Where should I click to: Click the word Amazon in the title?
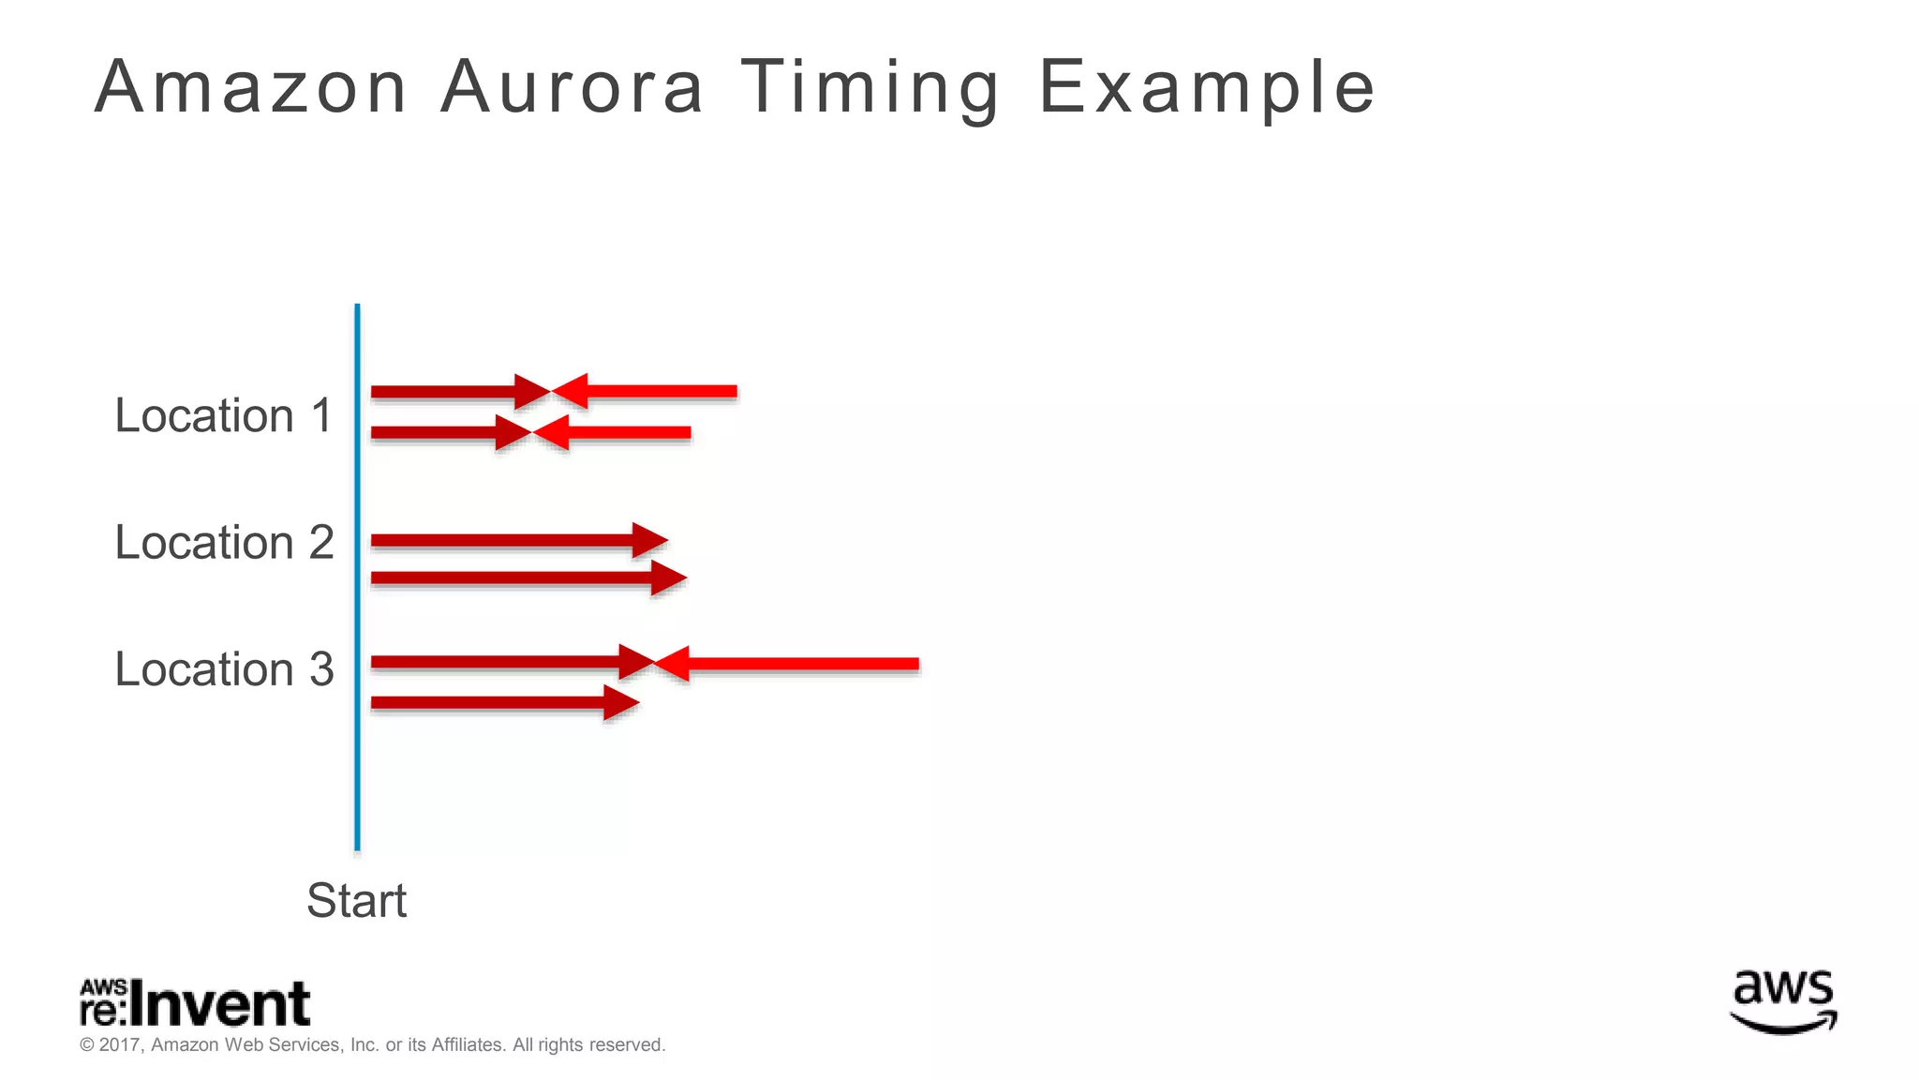click(250, 87)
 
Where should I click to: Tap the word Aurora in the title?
click(572, 87)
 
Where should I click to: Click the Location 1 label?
click(224, 415)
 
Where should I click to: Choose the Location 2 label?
click(224, 542)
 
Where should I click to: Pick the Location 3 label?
click(224, 668)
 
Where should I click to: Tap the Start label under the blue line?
click(356, 900)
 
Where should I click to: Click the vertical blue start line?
click(357, 577)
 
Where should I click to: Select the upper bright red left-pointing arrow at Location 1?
click(647, 391)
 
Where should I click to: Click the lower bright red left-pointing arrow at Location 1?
click(614, 433)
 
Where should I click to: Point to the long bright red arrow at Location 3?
click(787, 664)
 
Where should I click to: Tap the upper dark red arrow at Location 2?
click(515, 540)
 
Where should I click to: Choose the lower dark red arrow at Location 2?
click(525, 577)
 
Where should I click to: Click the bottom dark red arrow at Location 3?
click(501, 702)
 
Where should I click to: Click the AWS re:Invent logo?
click(195, 1003)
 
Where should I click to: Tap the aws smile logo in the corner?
click(1783, 1002)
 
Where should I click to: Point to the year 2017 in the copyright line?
click(119, 1044)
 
